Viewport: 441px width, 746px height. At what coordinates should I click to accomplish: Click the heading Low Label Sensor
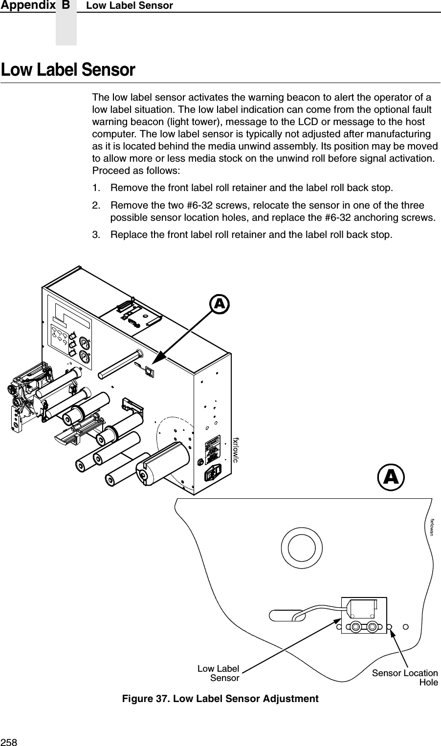click(68, 70)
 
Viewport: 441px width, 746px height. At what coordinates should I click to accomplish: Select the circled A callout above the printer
click(220, 304)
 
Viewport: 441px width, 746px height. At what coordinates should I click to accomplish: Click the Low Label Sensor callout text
click(219, 673)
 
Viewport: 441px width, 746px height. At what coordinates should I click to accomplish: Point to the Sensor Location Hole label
click(405, 678)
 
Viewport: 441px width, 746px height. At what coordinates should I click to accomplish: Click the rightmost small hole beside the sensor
click(406, 626)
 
